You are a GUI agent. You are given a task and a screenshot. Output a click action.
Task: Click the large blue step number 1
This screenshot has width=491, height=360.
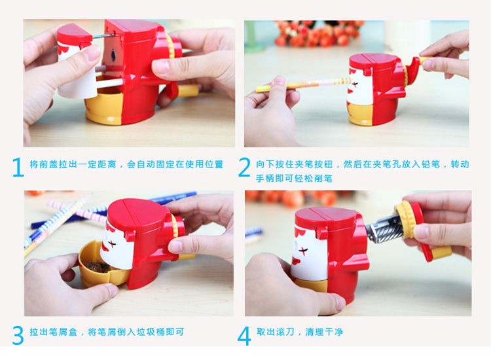[x=18, y=167]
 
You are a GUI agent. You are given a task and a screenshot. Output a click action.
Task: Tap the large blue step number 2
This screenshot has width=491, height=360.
[x=244, y=167]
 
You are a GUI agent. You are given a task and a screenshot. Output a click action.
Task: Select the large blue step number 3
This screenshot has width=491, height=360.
[x=18, y=335]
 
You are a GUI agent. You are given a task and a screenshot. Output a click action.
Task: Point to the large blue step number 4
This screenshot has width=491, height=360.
[x=244, y=336]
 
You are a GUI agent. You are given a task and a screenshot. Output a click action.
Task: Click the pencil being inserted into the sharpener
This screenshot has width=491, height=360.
[x=303, y=84]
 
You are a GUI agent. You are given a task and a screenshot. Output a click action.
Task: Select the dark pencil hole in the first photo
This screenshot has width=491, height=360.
[x=113, y=56]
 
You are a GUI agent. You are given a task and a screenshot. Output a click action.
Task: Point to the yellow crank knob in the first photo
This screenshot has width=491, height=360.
[x=188, y=91]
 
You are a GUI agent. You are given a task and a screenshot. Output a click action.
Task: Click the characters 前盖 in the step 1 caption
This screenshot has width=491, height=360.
[x=45, y=164]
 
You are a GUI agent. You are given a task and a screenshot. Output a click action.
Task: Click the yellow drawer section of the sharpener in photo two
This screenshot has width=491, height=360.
[x=360, y=115]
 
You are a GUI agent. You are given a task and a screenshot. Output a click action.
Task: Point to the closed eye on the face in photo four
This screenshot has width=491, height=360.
[x=304, y=250]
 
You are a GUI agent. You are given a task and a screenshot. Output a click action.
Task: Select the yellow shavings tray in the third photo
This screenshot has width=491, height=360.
[x=100, y=266]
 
